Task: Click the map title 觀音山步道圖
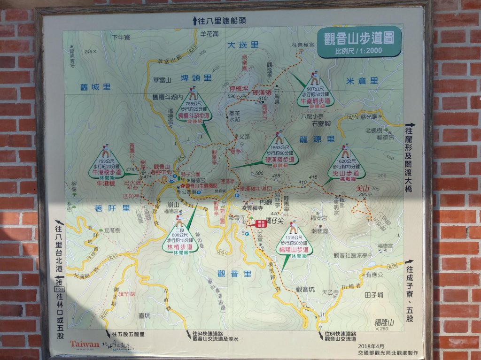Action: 359,38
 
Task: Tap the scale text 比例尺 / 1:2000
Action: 358,51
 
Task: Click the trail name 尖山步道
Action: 347,173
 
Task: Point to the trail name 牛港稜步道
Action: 106,172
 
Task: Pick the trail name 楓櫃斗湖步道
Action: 193,115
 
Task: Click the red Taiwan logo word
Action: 85,343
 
